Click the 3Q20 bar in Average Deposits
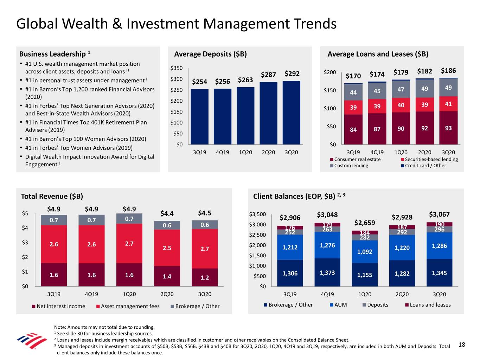coord(291,112)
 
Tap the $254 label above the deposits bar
coord(199,82)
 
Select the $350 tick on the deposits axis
coord(176,68)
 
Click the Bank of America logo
coord(32,341)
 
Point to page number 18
coord(462,345)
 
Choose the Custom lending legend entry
coord(351,166)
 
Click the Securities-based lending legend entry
coord(431,159)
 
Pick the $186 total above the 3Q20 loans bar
coord(448,71)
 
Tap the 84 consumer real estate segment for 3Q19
coord(353,130)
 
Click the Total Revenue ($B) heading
coord(52,196)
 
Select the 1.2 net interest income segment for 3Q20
coord(205,277)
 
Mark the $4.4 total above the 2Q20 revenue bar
coord(167,213)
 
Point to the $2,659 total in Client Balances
coord(365,223)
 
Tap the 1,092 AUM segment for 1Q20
coord(365,252)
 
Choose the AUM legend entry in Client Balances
coord(340,305)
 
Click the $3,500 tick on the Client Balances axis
coord(257,214)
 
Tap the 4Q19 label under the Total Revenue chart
coord(91,294)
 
